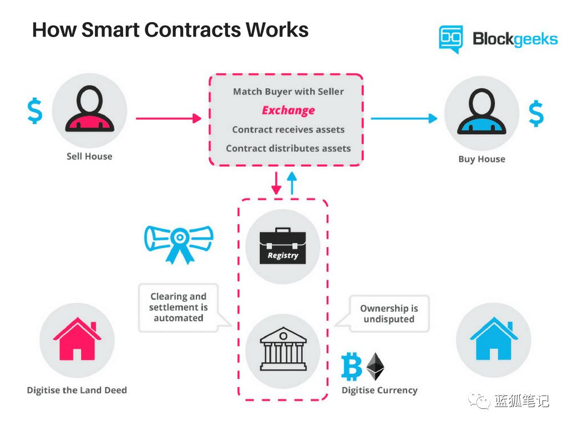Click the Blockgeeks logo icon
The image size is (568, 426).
[450, 38]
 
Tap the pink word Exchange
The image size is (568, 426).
[288, 110]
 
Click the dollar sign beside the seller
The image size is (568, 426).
[34, 110]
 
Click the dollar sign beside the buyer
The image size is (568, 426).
[536, 114]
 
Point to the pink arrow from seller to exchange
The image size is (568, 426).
[168, 118]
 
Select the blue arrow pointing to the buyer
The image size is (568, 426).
[403, 118]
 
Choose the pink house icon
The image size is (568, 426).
[77, 339]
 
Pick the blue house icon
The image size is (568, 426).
[493, 339]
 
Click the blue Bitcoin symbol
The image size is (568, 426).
[352, 367]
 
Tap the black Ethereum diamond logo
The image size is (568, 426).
[376, 366]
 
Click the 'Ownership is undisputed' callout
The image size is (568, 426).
[389, 314]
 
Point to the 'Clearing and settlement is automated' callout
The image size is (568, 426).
[179, 307]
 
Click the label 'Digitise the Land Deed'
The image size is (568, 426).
[77, 390]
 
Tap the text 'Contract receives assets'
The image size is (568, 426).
[288, 130]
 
